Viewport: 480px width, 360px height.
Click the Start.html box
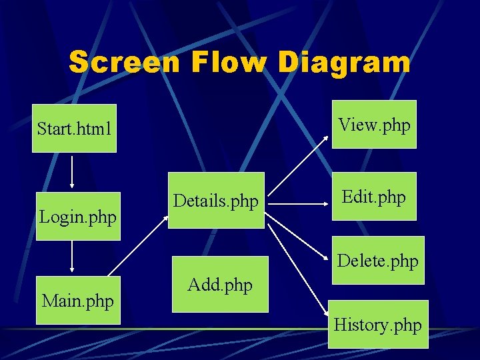pos(74,128)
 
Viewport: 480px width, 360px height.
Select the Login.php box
pos(78,217)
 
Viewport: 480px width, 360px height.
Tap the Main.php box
pos(77,301)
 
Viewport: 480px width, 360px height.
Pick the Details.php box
pos(215,201)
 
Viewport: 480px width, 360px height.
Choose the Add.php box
pos(220,285)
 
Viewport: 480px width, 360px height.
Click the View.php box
pos(374,124)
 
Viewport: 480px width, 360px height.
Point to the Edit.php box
pos(374,196)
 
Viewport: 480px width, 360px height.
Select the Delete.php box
pos(377,260)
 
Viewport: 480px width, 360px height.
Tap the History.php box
pos(377,325)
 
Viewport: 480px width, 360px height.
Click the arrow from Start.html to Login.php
pos(72,172)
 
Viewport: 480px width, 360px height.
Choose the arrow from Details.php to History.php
pos(299,267)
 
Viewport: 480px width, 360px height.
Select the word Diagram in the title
pos(344,62)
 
